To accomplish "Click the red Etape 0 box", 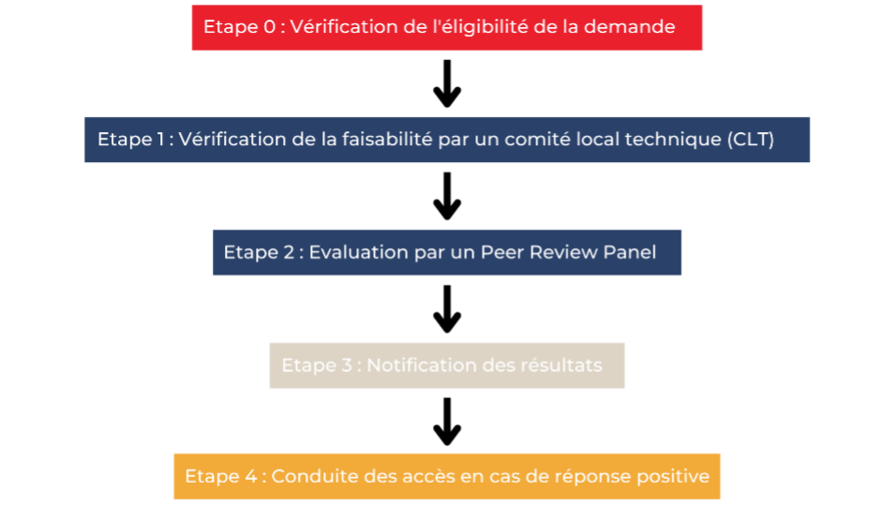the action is click(x=447, y=28).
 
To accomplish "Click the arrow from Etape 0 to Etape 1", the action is click(x=447, y=83).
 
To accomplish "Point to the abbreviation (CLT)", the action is click(x=751, y=140).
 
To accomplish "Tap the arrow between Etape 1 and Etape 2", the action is click(x=447, y=196).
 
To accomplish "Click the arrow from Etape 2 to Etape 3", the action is click(x=447, y=309).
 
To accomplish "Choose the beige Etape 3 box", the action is click(x=447, y=365).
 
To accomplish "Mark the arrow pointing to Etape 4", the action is click(x=447, y=422).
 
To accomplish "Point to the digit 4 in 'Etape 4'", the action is click(x=251, y=476).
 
